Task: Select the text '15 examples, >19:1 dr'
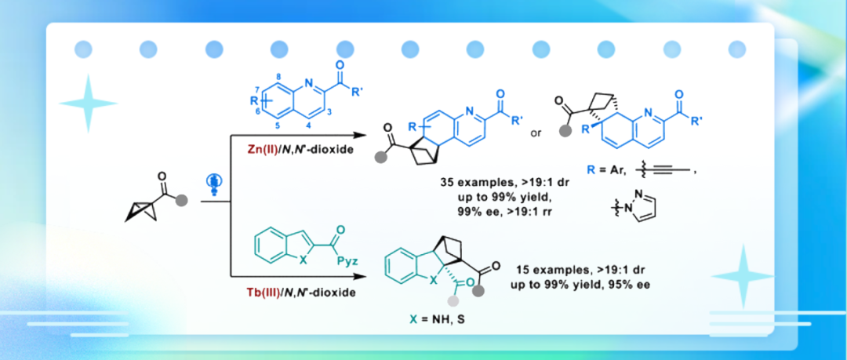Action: [579, 267]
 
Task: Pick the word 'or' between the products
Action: [536, 133]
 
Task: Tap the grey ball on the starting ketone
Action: [182, 201]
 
